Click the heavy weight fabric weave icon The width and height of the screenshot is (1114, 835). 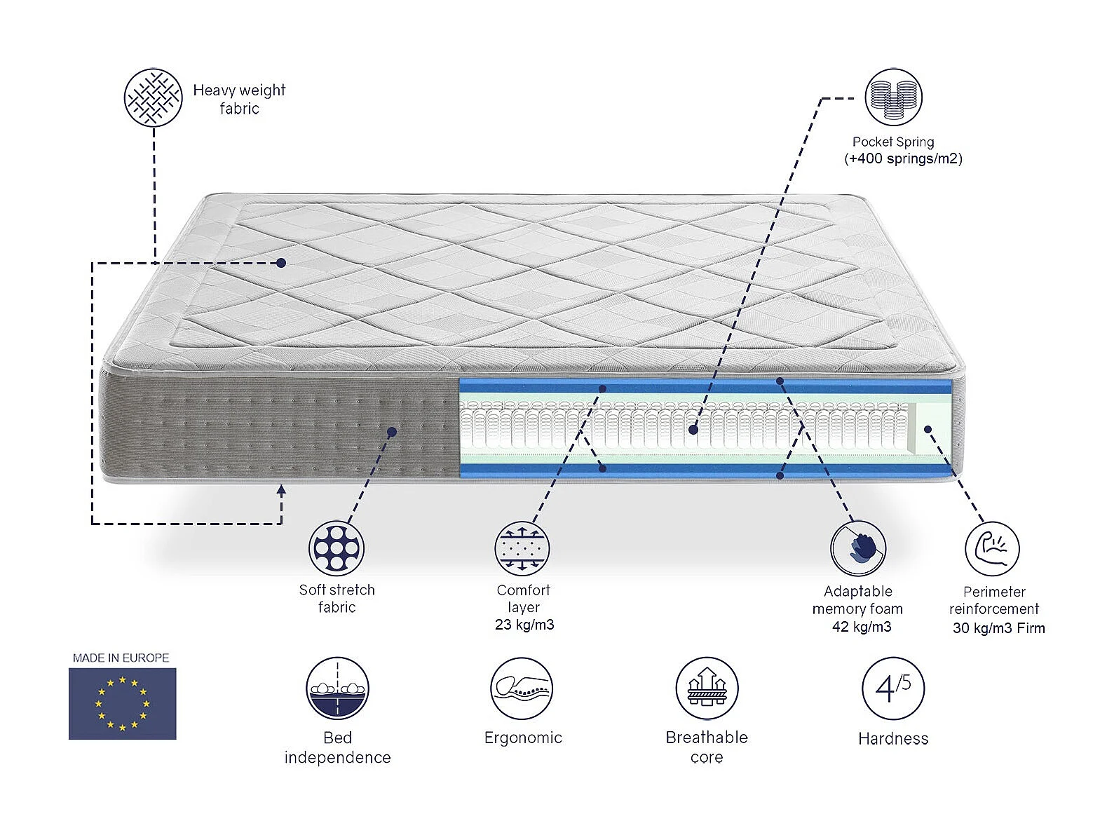[153, 97]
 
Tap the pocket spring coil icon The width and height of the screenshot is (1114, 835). [893, 97]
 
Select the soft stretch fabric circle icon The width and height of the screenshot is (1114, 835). [337, 548]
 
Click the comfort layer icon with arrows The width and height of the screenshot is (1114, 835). [522, 548]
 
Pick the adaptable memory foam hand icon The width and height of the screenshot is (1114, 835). [858, 548]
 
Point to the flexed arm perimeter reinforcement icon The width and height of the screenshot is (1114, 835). [992, 548]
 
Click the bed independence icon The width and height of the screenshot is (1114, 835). [337, 688]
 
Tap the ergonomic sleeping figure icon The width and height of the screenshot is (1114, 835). [522, 688]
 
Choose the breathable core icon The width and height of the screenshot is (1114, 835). [707, 688]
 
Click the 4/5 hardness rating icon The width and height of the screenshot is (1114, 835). [893, 688]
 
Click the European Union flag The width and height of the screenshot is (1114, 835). [122, 703]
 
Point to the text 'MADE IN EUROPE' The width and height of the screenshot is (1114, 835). [121, 658]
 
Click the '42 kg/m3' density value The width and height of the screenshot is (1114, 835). [862, 627]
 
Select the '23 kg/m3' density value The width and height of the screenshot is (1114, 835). [524, 625]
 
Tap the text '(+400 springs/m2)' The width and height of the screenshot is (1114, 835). [903, 158]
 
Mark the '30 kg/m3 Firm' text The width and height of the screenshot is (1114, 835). [998, 628]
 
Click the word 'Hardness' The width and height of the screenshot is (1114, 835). [893, 738]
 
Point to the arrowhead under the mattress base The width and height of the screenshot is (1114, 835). [281, 490]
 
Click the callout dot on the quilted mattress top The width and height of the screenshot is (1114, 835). [281, 263]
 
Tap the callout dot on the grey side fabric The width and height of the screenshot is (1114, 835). [392, 432]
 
